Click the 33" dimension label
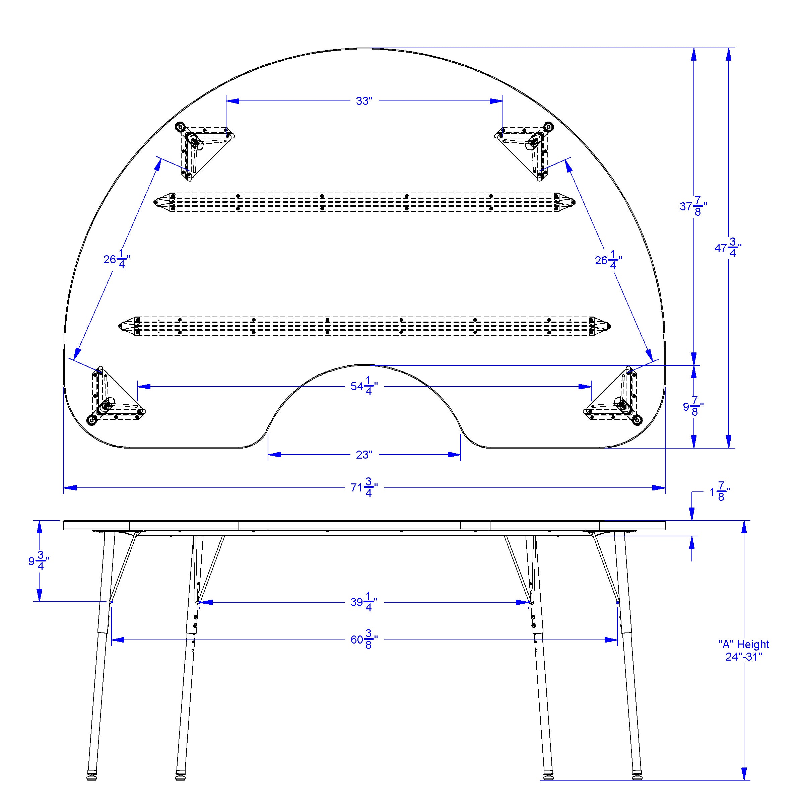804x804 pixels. point(364,101)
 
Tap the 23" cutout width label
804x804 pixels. point(364,455)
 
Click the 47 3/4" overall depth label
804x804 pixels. point(728,248)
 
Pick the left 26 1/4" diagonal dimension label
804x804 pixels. point(117,260)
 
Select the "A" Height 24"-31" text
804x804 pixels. point(744,651)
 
